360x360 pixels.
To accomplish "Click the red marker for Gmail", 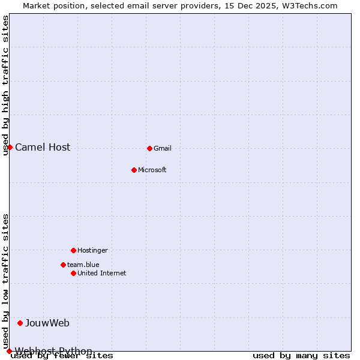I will pyautogui.click(x=149, y=148).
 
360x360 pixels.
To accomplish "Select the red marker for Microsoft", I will pyautogui.click(x=134, y=170).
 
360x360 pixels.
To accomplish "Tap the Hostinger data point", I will pyautogui.click(x=73, y=250).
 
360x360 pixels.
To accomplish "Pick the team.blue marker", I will pyautogui.click(x=63, y=265).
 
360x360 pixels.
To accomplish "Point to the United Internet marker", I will pyautogui.click(x=73, y=273).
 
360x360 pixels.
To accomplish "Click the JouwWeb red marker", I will pyautogui.click(x=20, y=323).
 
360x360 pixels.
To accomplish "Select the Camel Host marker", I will pyautogui.click(x=10, y=147).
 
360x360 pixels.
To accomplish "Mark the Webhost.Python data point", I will pyautogui.click(x=9, y=351).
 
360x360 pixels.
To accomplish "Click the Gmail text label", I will pyautogui.click(x=163, y=148).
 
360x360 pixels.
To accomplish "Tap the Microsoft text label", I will pyautogui.click(x=152, y=170).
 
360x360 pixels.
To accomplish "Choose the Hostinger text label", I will pyautogui.click(x=92, y=250).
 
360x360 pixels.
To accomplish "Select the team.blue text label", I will pyautogui.click(x=83, y=265).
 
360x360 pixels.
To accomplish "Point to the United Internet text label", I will pyautogui.click(x=102, y=273).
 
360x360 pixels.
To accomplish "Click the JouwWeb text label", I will pyautogui.click(x=47, y=323).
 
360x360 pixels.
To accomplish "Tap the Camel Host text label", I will pyautogui.click(x=43, y=147).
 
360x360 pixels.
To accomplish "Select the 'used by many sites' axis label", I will pyautogui.click(x=301, y=356).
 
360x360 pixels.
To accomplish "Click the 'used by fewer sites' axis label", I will pyautogui.click(x=62, y=356).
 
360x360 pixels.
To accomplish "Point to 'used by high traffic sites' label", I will pyautogui.click(x=5, y=85).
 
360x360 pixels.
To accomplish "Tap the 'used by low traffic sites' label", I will pyautogui.click(x=5, y=281).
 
